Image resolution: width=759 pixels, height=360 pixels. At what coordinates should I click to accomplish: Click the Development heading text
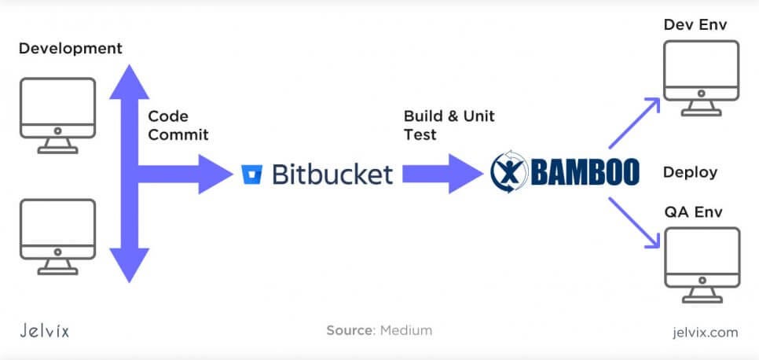71,49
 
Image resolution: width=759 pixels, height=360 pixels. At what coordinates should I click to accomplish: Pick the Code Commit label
178,125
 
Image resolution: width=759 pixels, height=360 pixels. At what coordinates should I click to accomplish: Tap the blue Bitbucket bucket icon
252,174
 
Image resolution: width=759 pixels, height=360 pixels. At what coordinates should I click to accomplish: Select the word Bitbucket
332,173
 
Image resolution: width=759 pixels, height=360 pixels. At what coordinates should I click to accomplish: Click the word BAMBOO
585,174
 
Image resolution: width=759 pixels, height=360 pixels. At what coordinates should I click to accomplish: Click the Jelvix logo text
43,330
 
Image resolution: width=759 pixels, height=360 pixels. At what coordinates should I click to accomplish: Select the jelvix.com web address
706,331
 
